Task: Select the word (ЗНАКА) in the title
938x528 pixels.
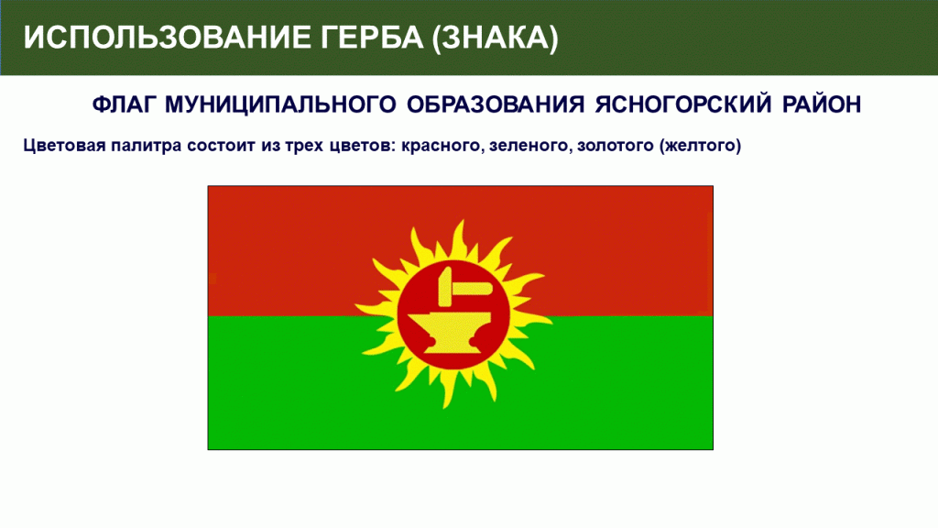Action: pos(496,38)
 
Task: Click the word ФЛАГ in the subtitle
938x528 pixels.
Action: pos(125,104)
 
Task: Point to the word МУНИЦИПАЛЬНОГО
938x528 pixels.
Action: pos(280,104)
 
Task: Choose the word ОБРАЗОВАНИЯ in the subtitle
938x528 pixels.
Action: pos(496,104)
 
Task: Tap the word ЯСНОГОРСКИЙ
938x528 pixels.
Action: pos(683,104)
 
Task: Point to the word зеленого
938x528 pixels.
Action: pos(530,146)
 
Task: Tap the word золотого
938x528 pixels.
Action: pos(615,146)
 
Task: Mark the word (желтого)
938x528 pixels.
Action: pos(701,146)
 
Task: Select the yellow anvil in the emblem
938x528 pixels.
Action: pos(453,334)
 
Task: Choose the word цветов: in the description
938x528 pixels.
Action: pos(363,146)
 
